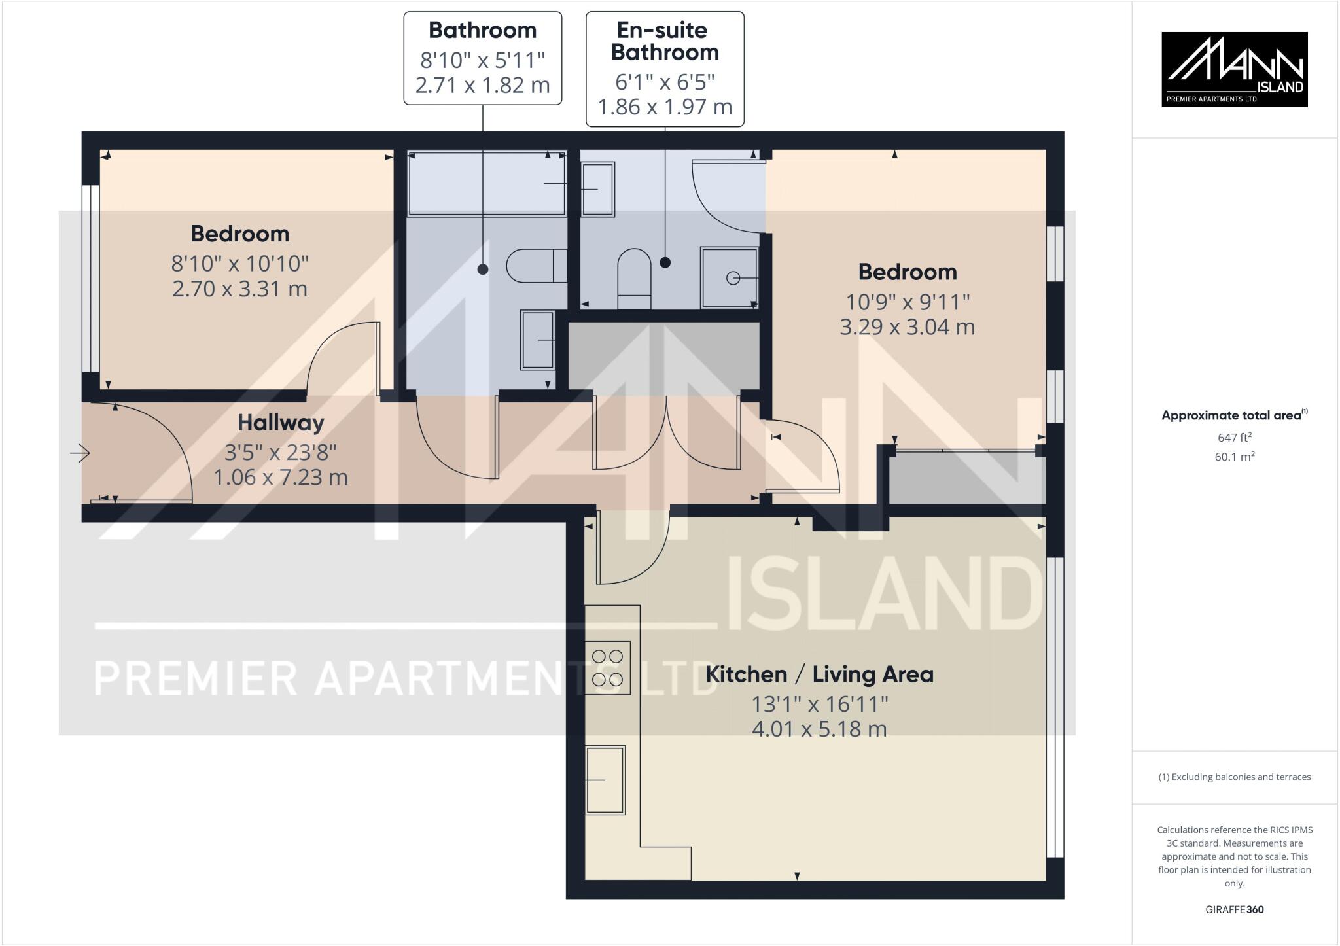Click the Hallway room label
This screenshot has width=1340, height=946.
click(280, 423)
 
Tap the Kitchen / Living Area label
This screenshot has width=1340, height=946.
click(819, 674)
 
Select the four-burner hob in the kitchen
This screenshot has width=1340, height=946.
click(608, 668)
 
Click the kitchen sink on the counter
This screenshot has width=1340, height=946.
click(605, 780)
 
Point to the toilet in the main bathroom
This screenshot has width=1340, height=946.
click(536, 266)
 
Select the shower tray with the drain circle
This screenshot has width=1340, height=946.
click(729, 277)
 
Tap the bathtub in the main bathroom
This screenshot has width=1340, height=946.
click(486, 184)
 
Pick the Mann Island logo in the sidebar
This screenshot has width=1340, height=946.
click(1234, 69)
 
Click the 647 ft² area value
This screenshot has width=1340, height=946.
click(1234, 437)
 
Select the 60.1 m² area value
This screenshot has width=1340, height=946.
click(1234, 457)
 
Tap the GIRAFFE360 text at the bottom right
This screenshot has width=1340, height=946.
click(1234, 909)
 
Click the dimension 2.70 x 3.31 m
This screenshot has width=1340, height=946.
click(239, 289)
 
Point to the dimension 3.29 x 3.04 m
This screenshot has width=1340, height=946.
click(907, 326)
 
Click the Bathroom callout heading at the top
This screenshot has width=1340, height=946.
click(482, 30)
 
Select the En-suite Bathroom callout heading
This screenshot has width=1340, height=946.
click(665, 41)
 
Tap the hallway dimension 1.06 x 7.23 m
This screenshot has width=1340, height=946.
click(280, 477)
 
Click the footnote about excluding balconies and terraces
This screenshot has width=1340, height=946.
click(1234, 777)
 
